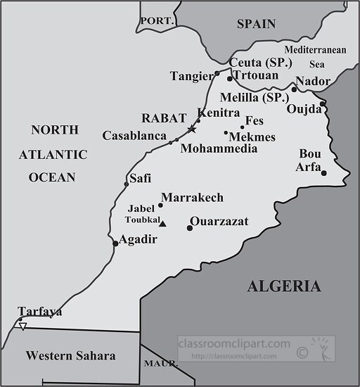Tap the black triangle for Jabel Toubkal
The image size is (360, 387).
pos(162,224)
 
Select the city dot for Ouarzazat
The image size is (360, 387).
pos(190,227)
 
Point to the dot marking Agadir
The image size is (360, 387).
pos(115,244)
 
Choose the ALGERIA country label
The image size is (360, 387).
pos(283,286)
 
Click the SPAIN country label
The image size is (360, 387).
pos(256,23)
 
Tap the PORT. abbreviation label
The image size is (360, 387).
pos(157,21)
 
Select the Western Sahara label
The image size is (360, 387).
pos(70,356)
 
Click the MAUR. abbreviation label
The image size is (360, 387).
pos(159,364)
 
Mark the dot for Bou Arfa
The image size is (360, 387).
pos(323,172)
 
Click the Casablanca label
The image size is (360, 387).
pos(134,135)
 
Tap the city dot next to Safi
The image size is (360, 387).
pos(127,184)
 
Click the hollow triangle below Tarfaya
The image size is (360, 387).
pos(23,326)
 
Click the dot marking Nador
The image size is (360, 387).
pos(294,89)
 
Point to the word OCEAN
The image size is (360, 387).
pos(51,177)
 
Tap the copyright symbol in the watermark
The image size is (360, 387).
pos(302,350)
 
